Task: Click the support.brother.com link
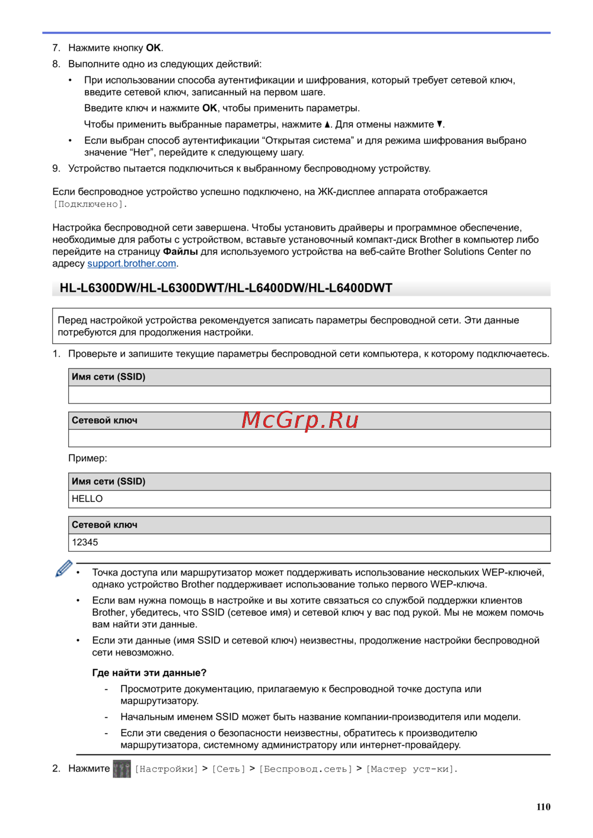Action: point(132,264)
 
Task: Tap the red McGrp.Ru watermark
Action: point(300,420)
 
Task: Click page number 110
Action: point(543,807)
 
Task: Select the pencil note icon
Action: point(63,568)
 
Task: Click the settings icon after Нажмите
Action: point(122,769)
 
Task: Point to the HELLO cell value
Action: point(87,499)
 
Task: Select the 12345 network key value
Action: point(85,542)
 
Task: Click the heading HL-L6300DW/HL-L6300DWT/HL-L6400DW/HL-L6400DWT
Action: point(226,288)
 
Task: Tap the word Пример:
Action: point(88,458)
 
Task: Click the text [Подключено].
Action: point(90,204)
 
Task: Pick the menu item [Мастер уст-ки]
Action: point(411,769)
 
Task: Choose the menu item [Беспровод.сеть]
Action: point(305,769)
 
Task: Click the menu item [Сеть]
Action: point(228,769)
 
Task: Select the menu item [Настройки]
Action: point(167,769)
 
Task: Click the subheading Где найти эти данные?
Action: point(149,673)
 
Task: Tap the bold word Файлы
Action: point(180,252)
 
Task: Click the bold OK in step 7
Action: point(154,48)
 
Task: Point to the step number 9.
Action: point(56,169)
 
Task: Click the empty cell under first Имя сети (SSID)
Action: point(309,395)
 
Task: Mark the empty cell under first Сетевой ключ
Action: point(309,438)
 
